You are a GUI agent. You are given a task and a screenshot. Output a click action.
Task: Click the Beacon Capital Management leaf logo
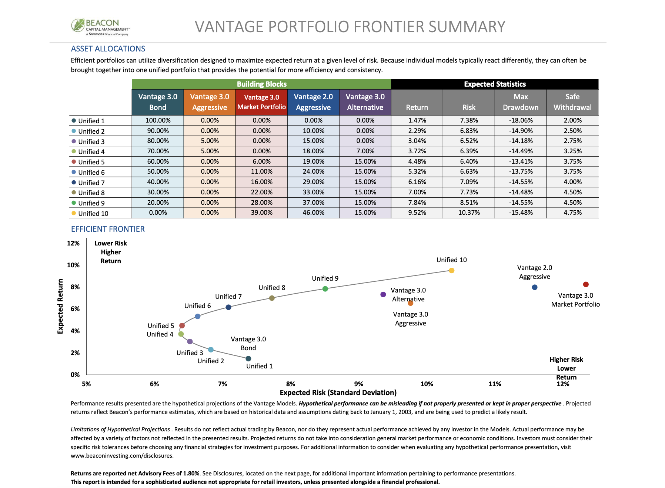(x=78, y=25)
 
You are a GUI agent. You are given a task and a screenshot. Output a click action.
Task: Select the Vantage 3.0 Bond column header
(x=158, y=102)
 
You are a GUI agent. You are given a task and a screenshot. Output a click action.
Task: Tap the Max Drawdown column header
(x=521, y=102)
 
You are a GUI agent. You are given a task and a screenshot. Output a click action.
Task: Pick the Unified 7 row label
(x=91, y=183)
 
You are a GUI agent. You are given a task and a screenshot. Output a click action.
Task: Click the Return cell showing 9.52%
(x=417, y=213)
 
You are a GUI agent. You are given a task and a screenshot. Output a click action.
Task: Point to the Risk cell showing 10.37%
(x=469, y=213)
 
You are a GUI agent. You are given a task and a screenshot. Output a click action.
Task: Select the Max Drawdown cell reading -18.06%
(x=521, y=120)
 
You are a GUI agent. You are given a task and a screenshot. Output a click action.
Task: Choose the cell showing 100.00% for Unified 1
(x=158, y=120)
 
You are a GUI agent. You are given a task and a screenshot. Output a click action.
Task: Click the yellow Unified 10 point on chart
(x=451, y=271)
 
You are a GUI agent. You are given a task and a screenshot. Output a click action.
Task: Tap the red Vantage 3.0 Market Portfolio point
(x=586, y=284)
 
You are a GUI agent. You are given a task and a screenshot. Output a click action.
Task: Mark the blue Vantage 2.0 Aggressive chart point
(x=534, y=287)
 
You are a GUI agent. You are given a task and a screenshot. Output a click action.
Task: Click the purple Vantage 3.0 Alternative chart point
(x=383, y=295)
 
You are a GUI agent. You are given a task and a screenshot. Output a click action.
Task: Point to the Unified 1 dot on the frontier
(x=248, y=358)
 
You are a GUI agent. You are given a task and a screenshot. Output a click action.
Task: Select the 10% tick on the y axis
(x=73, y=265)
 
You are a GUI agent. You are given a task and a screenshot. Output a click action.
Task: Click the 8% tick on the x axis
(x=291, y=384)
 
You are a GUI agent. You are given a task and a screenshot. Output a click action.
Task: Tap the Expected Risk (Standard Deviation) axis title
(x=338, y=392)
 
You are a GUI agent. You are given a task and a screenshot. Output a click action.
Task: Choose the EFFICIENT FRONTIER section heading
(x=108, y=229)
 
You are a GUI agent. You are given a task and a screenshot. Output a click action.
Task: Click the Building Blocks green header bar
(x=261, y=84)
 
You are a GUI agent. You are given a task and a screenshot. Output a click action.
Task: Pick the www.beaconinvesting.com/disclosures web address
(x=122, y=456)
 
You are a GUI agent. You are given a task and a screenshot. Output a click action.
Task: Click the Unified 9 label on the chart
(x=325, y=278)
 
